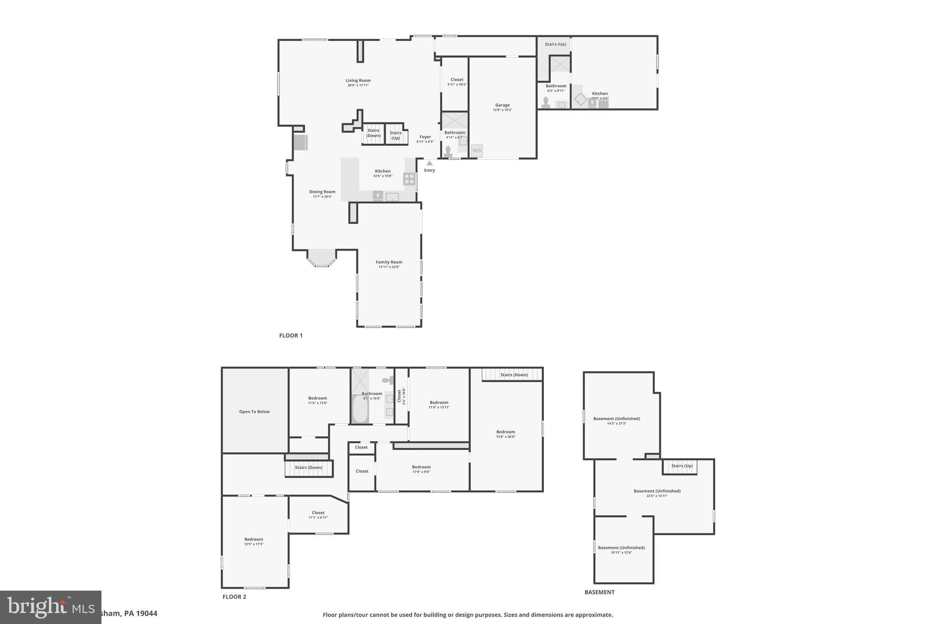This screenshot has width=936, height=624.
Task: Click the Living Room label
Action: click(x=358, y=80)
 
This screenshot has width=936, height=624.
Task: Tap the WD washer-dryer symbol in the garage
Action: click(x=477, y=150)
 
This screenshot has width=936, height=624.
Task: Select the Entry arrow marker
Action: click(x=429, y=163)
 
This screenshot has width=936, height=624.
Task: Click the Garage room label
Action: click(x=502, y=105)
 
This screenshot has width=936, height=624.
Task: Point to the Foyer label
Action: click(x=425, y=137)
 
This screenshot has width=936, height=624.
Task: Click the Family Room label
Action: click(x=389, y=262)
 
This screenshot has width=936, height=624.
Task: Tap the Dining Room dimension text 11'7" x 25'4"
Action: click(x=322, y=197)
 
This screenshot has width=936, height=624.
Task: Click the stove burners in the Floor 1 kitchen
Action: click(x=409, y=179)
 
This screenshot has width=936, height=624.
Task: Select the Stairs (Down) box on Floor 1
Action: click(x=373, y=133)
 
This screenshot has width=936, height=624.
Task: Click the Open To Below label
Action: click(x=254, y=411)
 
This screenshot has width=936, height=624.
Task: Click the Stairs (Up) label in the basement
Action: click(x=682, y=466)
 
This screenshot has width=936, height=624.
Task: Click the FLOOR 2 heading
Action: click(x=234, y=597)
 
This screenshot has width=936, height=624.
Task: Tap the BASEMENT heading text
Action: click(x=599, y=592)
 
